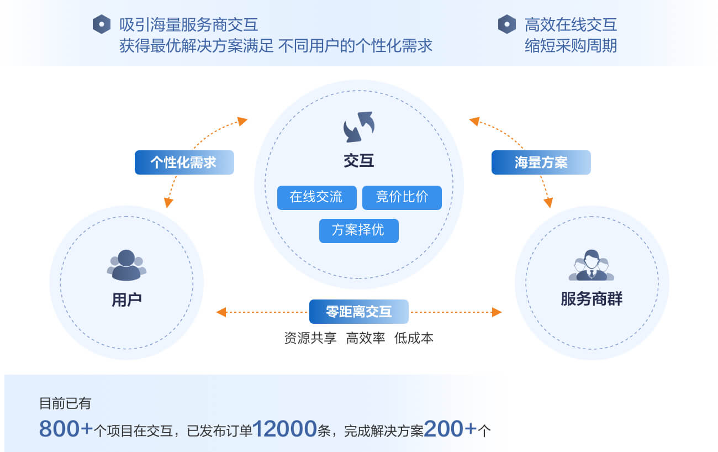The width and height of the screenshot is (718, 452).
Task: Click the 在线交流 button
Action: point(316,198)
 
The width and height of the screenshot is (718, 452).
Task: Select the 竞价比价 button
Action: point(402,198)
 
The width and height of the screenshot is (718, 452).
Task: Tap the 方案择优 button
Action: point(358,231)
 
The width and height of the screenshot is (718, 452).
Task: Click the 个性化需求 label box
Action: point(184,162)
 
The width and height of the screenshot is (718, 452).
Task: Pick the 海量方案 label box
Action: point(541,162)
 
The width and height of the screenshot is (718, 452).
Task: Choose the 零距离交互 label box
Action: point(358,312)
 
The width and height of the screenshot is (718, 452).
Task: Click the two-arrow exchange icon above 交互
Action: point(358,127)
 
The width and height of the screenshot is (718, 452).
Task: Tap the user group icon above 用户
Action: point(126,265)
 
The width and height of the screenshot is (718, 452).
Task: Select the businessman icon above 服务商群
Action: point(592,265)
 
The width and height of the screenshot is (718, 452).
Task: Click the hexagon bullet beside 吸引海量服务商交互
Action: point(102,24)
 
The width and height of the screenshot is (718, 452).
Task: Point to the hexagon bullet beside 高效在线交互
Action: point(507,24)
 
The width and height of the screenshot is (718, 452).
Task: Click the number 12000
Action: point(284,429)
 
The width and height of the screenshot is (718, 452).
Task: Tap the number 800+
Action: point(66,429)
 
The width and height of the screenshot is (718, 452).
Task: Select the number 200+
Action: point(450,429)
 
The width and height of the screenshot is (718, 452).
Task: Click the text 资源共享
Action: point(310,338)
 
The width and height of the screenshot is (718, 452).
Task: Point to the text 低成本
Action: point(414,338)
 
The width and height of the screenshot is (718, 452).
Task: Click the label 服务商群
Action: point(592,299)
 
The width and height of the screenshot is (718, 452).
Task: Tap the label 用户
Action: point(126,300)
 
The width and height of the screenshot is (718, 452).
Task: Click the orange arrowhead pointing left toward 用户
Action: point(221,312)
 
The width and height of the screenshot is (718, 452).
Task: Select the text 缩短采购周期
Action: point(571,45)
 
